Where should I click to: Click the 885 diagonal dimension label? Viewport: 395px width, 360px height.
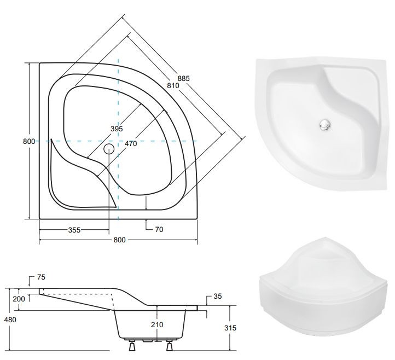(183, 78)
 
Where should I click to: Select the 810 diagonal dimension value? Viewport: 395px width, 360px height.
(173, 86)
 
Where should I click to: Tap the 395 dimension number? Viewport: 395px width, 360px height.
(117, 129)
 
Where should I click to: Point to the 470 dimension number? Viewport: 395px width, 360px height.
(131, 143)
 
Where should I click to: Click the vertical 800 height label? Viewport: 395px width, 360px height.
(29, 141)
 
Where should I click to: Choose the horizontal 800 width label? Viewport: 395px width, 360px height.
(119, 240)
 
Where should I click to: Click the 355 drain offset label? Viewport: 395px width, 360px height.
(74, 230)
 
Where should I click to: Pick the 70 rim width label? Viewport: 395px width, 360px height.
(159, 229)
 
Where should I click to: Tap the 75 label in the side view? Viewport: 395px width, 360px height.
(41, 277)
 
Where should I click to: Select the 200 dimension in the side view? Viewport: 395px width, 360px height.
(19, 299)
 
